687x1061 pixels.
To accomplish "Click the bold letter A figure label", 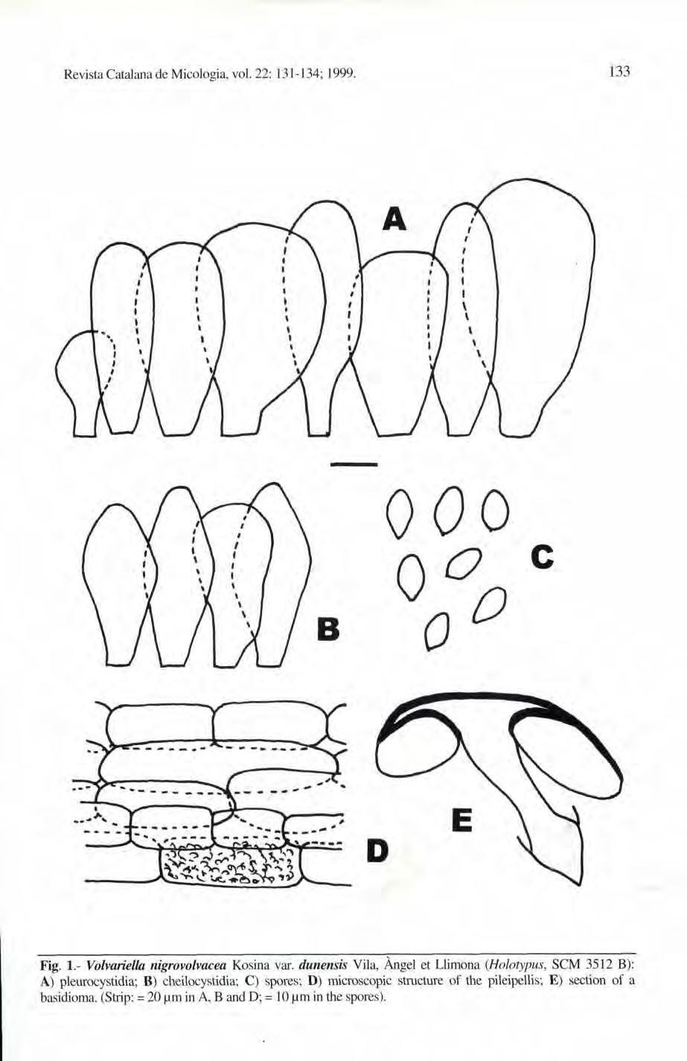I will (394, 218).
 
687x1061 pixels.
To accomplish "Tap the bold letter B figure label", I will (327, 630).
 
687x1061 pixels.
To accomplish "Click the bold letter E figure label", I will (461, 822).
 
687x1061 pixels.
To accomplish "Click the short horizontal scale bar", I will (354, 464).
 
